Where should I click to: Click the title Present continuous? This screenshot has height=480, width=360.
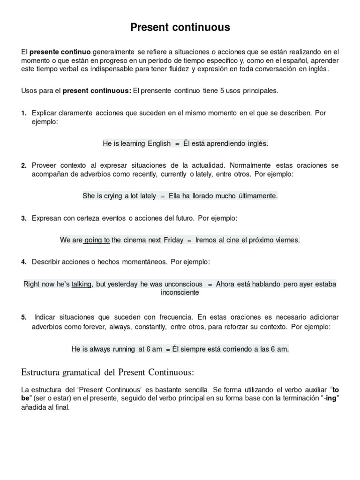(180, 28)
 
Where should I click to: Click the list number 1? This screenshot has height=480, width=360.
(23, 113)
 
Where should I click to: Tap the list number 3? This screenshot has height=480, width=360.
(23, 218)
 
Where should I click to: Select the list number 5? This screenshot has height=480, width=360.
(23, 317)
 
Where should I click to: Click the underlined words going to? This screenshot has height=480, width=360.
(97, 240)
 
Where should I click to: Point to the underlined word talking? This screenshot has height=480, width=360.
(82, 284)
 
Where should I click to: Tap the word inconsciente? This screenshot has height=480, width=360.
(180, 292)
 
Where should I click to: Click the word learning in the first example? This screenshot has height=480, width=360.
(133, 143)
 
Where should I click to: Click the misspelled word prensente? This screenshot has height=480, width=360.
(156, 91)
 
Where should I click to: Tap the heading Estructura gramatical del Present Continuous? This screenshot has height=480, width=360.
(108, 372)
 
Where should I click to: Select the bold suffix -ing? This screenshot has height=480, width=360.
(330, 398)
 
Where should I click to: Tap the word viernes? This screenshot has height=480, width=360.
(286, 240)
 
